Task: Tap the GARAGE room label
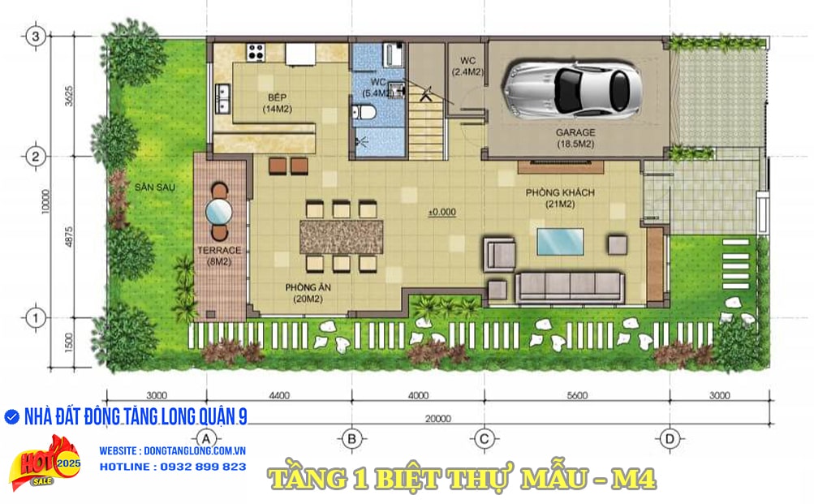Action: (575, 132)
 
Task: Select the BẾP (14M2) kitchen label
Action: (278, 103)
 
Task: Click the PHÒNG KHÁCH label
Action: (560, 192)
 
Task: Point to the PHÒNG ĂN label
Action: (308, 287)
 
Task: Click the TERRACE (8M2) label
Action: (219, 256)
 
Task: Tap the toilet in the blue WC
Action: (364, 111)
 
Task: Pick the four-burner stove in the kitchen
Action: (256, 51)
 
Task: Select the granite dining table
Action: (341, 237)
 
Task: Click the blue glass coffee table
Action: (560, 241)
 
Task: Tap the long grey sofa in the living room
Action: (570, 286)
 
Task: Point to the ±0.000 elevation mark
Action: (441, 212)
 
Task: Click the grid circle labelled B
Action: (351, 439)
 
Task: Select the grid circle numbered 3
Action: (35, 37)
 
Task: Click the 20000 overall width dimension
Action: (438, 418)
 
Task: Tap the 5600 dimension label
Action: (577, 395)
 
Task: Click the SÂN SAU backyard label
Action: (155, 187)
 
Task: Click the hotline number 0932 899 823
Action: (203, 467)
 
